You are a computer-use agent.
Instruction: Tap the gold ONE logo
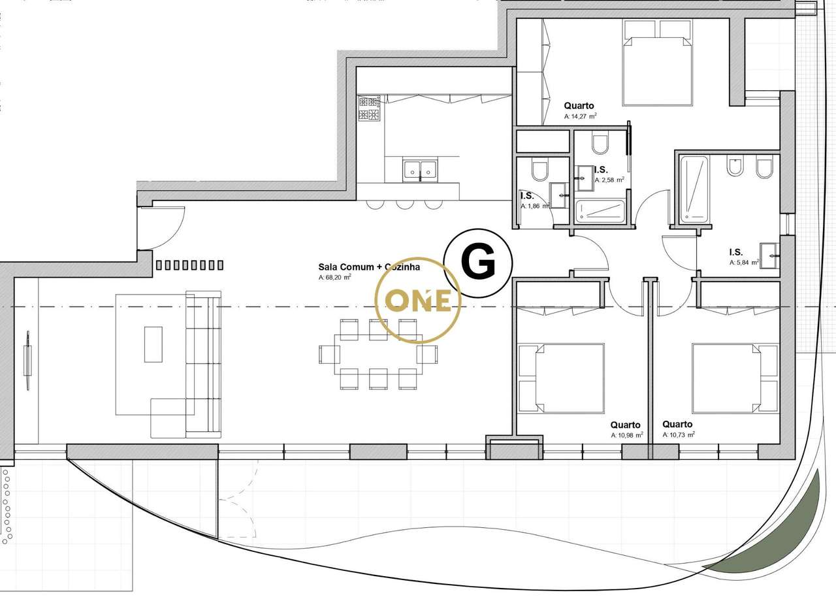pos(418,300)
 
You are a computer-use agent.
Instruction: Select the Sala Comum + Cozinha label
pos(369,267)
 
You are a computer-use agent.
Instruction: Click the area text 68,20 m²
pos(335,277)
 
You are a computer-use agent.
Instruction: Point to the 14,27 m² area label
pos(581,116)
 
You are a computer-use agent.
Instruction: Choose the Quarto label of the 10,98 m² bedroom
pos(625,425)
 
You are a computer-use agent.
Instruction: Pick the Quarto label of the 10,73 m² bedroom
pos(677,424)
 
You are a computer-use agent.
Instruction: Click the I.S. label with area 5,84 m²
pos(735,252)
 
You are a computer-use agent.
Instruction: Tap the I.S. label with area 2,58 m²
pos(601,170)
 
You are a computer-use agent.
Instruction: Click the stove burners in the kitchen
pos(369,108)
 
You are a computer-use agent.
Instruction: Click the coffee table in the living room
pos(153,344)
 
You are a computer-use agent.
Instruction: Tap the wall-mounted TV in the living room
pos(27,360)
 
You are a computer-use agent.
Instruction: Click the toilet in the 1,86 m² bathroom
pos(539,172)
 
